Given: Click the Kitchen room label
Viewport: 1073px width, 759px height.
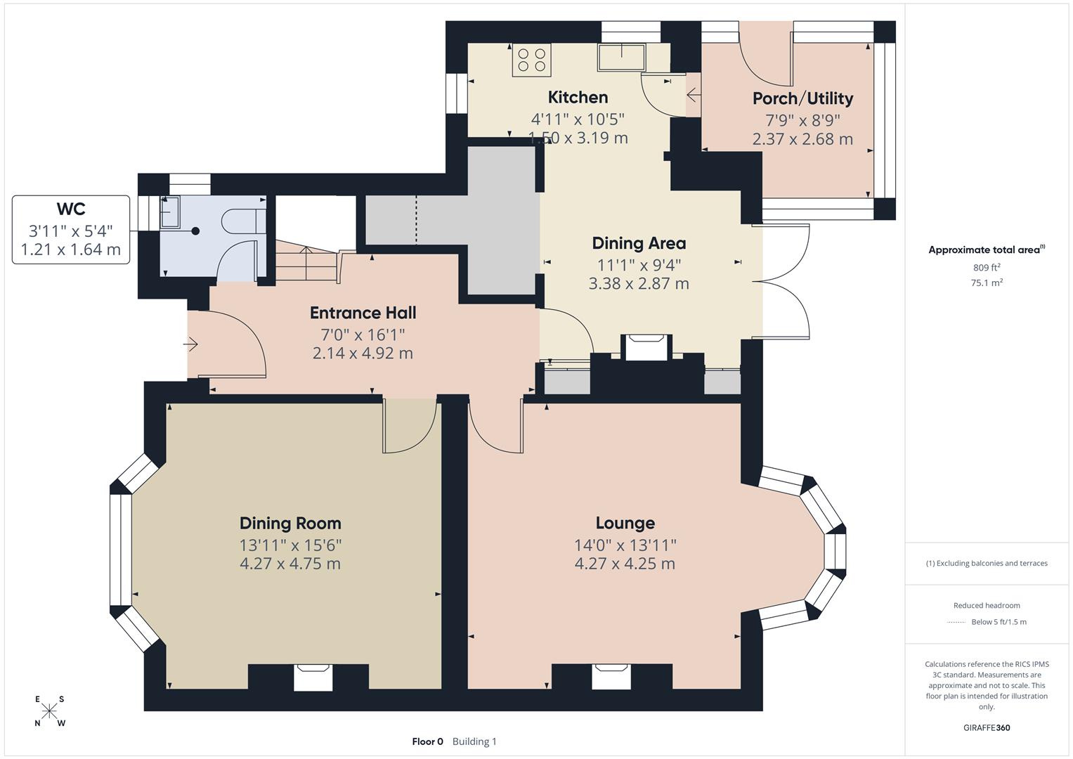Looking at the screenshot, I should click(578, 97).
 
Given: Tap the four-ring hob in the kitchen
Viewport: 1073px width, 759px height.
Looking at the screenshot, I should click(531, 59).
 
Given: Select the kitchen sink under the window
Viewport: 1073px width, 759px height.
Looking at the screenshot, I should click(621, 57).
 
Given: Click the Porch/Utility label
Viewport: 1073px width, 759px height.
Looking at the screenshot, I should click(802, 98).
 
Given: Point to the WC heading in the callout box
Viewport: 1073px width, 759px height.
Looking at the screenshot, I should click(71, 209).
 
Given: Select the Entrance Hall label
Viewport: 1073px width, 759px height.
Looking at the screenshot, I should click(363, 313).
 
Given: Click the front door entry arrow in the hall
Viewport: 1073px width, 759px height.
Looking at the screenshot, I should click(191, 344).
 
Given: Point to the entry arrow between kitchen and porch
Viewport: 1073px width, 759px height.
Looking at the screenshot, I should click(693, 95).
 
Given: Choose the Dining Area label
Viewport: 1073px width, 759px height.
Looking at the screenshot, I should click(639, 243).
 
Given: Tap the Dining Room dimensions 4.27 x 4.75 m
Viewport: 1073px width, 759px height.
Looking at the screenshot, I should click(290, 564).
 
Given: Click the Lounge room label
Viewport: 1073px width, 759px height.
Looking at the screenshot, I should click(625, 523).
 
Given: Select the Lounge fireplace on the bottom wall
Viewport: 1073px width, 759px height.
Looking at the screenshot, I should click(611, 676).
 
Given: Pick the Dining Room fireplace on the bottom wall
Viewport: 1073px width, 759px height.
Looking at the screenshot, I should click(312, 677).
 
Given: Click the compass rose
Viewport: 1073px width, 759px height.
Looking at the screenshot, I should click(50, 711).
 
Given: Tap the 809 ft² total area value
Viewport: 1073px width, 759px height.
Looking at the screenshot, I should click(987, 268).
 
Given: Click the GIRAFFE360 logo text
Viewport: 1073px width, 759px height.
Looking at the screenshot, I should click(987, 727).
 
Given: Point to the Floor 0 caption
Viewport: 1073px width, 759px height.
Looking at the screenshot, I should click(427, 741).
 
